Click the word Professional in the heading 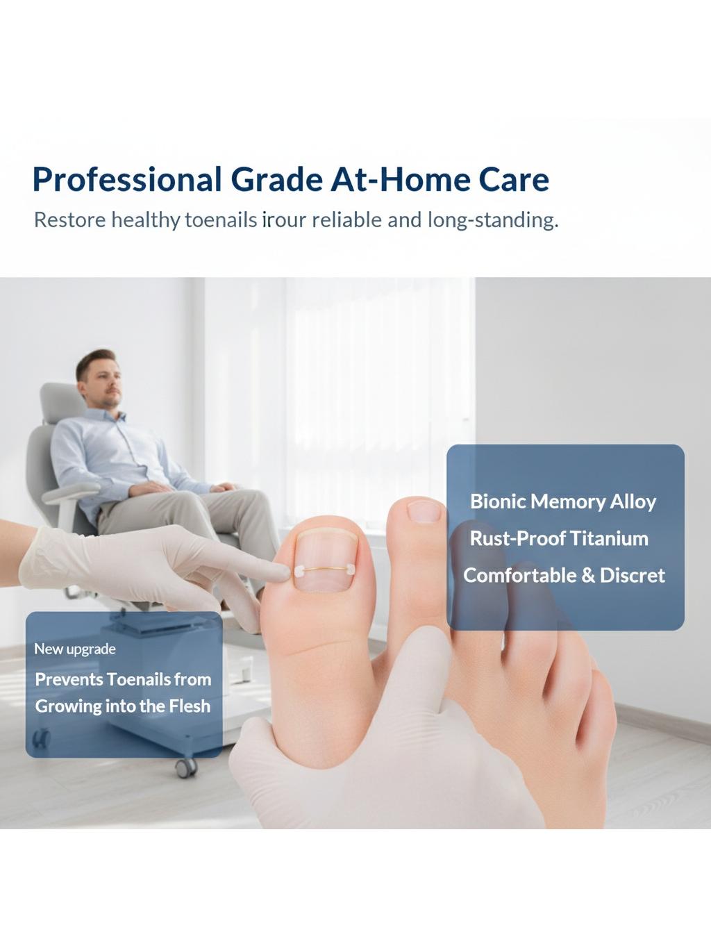coord(127,180)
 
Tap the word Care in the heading coord(514,178)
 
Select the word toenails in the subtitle coord(221,220)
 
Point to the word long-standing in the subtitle coord(492,220)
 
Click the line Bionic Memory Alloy coord(563,502)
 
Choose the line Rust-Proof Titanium coord(559,538)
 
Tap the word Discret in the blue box coord(632,575)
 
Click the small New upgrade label coord(75,649)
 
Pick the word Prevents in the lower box coord(68,679)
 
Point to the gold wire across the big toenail coord(324,569)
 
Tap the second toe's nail coord(424,512)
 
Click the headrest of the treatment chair coord(62,403)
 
